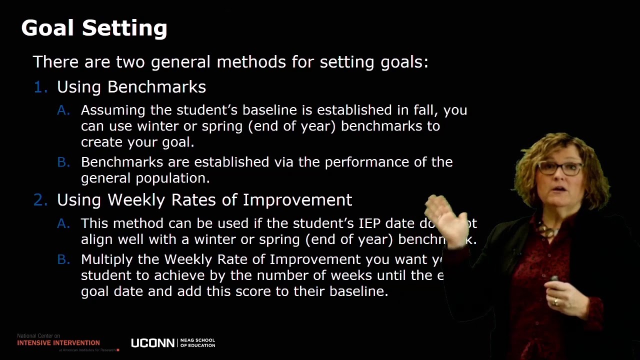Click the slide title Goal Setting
pyautogui.click(x=94, y=28)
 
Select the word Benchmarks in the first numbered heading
pyautogui.click(x=156, y=87)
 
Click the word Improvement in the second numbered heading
pyautogui.click(x=297, y=200)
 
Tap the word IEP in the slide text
pyautogui.click(x=369, y=223)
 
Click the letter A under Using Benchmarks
pyautogui.click(x=63, y=110)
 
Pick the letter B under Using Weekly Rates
pyautogui.click(x=63, y=259)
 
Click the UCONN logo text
pyautogui.click(x=152, y=343)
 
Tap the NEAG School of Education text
pyautogui.click(x=197, y=342)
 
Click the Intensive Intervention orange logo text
pyautogui.click(x=58, y=343)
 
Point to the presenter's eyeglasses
pyautogui.click(x=559, y=168)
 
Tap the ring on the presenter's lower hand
pyautogui.click(x=556, y=301)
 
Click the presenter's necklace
pyautogui.click(x=548, y=231)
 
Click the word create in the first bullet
pyautogui.click(x=102, y=142)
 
